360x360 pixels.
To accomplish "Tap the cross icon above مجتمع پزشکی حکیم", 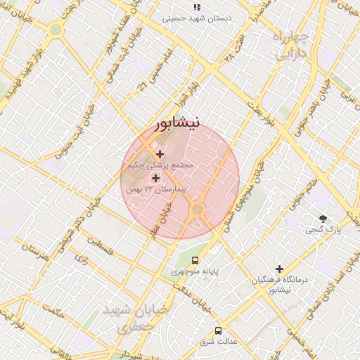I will pos(160,153).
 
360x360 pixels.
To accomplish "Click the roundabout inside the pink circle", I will pos(198,209).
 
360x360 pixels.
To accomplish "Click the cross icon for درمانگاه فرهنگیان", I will pos(280,269).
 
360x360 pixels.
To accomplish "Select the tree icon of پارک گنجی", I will pos(323,219).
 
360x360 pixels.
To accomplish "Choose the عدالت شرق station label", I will pos(218,342).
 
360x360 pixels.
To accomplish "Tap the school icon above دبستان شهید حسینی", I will pos(196,7).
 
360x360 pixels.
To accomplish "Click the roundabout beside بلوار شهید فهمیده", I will pos(56,30).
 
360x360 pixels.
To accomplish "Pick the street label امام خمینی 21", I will pos(155,70).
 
